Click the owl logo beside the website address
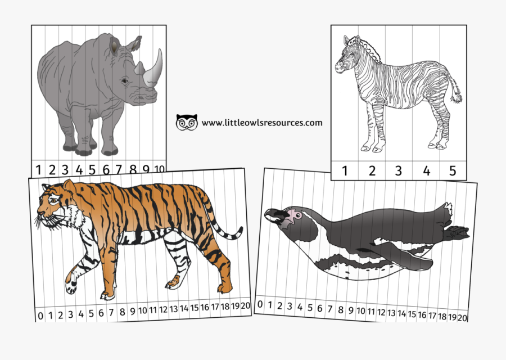187,122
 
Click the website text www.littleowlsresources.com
262,123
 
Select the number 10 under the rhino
159,168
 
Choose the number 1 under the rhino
39,169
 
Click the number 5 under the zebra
452,171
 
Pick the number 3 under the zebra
399,171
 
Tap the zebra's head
345,56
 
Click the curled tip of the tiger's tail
239,231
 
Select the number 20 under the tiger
245,306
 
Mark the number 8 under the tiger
122,312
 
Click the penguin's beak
273,214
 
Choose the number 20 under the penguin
462,318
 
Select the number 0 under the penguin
260,304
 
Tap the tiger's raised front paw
71,287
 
